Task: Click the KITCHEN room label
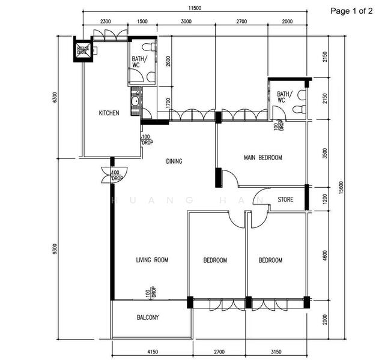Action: click(x=109, y=113)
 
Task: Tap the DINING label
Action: click(x=174, y=161)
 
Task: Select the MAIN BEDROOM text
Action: click(x=262, y=158)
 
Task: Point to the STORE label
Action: click(x=285, y=200)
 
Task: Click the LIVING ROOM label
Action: click(x=152, y=260)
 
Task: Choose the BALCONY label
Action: click(x=148, y=317)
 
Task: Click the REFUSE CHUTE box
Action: click(x=82, y=51)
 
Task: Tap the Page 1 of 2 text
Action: click(x=352, y=11)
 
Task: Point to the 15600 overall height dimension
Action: click(x=342, y=188)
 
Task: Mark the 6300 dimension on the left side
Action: click(x=55, y=97)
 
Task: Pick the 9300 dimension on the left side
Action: click(x=55, y=248)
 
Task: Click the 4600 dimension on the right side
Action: click(x=325, y=254)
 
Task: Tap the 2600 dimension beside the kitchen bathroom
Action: click(x=168, y=61)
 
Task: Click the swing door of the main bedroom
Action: click(x=229, y=178)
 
